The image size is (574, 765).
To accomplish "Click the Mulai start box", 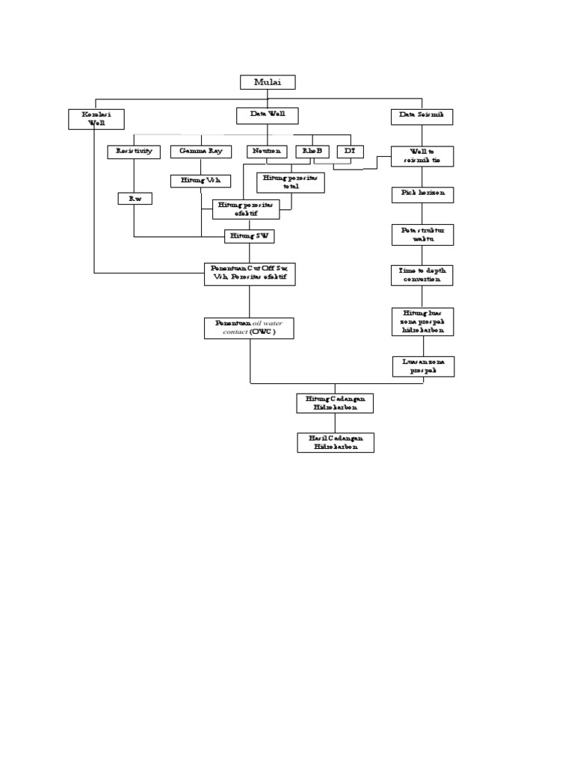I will click(x=268, y=82).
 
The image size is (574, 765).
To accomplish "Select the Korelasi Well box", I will click(x=96, y=119).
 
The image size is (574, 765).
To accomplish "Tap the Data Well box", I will click(x=268, y=115).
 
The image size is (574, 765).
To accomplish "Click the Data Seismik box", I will click(x=422, y=116).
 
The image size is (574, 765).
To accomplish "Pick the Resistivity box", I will click(x=134, y=152).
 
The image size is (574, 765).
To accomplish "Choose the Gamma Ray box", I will click(x=200, y=152).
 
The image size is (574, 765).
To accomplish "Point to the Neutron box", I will click(x=267, y=152).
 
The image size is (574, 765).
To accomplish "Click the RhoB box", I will click(x=312, y=152).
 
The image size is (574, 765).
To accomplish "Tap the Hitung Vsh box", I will click(x=201, y=181).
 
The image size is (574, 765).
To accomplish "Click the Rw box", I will click(x=134, y=199).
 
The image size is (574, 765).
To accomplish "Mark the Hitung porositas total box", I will click(x=291, y=182).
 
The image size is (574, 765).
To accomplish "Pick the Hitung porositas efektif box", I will click(x=246, y=209).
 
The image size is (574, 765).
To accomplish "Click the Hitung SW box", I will click(x=250, y=236).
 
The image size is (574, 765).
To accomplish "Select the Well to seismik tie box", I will click(x=422, y=156).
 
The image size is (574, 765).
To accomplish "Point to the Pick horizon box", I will click(x=422, y=194).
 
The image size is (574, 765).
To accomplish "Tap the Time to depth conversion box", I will click(x=422, y=275).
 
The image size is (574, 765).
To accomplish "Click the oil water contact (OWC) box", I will click(x=249, y=328).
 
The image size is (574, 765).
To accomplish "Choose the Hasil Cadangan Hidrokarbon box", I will click(x=335, y=442).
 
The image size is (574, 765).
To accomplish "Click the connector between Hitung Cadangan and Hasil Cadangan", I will click(x=335, y=422).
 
